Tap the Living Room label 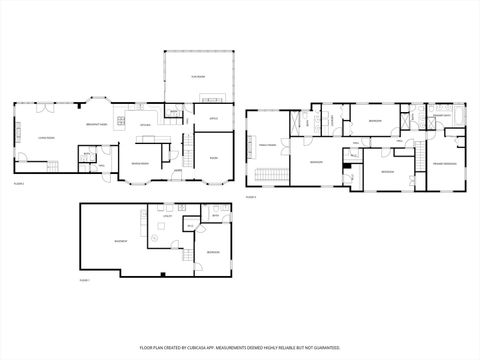(45, 138)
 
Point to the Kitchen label (145, 125)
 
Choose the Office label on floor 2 (213, 119)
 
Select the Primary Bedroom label (443, 162)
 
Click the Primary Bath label (440, 115)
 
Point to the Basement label (120, 241)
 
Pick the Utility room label (169, 215)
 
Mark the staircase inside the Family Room (268, 178)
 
